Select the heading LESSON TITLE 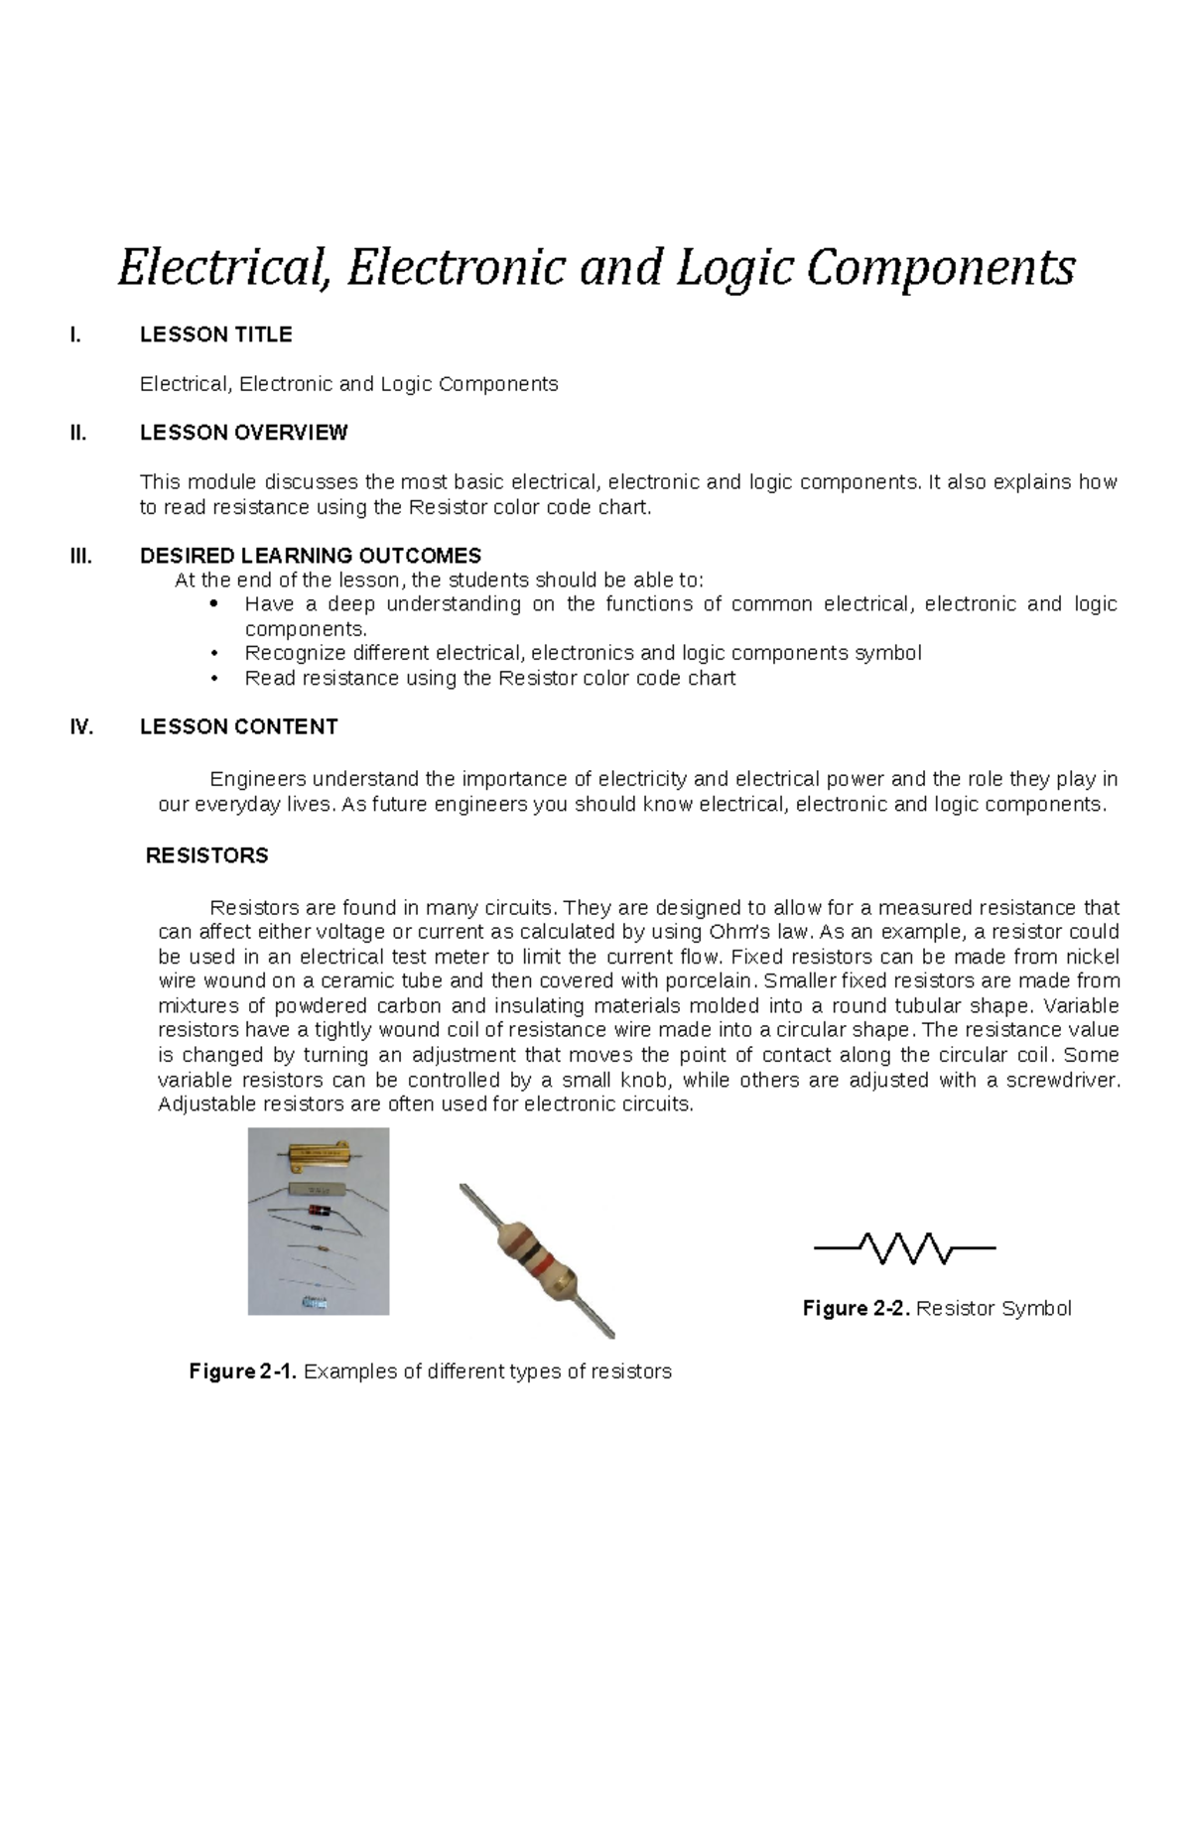215,335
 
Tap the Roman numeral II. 78,434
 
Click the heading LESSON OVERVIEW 243,434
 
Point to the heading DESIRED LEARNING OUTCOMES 311,556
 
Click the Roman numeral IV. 80,727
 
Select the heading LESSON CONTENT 238,727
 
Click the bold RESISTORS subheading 206,856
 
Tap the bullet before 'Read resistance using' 213,680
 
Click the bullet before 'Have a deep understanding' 213,605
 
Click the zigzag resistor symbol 904,1248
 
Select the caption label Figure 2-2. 856,1309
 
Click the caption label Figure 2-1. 242,1372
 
